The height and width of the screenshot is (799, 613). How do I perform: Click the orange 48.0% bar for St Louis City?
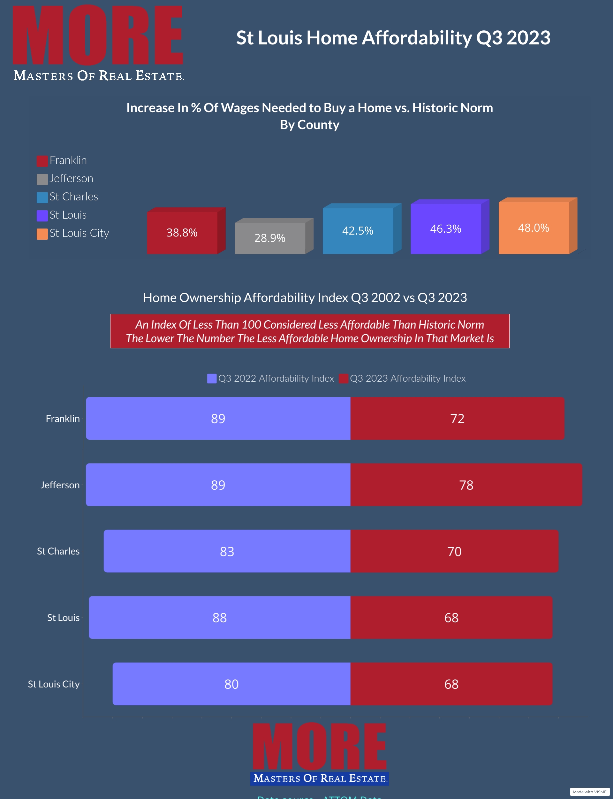[534, 228]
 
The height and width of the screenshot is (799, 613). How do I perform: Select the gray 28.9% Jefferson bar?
[270, 238]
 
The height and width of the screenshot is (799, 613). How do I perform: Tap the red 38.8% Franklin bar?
[182, 233]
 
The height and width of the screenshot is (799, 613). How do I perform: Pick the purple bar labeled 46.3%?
[445, 229]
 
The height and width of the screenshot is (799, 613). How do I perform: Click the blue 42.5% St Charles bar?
[358, 231]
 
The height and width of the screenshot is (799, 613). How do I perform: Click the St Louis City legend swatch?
[42, 234]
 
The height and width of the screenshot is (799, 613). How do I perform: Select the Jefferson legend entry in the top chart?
[71, 179]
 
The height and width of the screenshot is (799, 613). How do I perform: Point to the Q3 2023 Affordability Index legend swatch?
[343, 378]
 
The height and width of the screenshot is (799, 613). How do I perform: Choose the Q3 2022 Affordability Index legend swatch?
[212, 378]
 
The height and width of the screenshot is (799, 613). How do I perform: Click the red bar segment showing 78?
[466, 485]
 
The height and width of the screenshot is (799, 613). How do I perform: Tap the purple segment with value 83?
[227, 551]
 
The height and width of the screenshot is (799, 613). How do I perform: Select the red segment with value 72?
[457, 418]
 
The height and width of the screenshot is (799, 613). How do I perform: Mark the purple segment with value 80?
[231, 684]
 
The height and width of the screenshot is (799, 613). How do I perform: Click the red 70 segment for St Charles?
[454, 551]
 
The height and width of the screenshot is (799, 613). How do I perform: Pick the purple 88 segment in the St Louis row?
[219, 618]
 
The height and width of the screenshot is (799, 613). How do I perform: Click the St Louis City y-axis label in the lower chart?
[54, 684]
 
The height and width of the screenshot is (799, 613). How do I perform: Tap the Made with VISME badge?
[589, 792]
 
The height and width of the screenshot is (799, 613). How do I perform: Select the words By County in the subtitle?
[309, 125]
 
